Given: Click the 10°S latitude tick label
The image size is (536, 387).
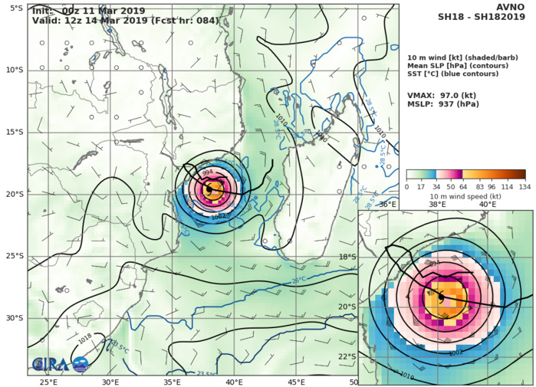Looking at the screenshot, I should click(x=14, y=70).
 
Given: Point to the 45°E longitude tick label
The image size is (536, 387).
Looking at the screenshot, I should click(x=295, y=382).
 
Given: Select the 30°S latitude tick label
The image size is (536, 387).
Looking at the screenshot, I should click(x=14, y=318).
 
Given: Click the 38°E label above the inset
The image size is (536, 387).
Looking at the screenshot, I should click(x=438, y=205).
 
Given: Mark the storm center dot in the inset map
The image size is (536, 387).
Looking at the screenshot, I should click(x=441, y=296).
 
